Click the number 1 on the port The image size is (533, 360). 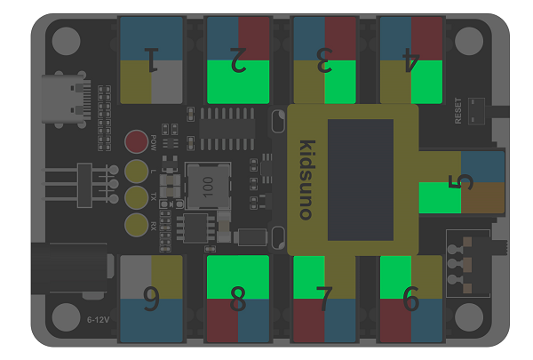click(152, 60)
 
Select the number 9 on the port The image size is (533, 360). click(151, 299)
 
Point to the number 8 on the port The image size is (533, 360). click(237, 299)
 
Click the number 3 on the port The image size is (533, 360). click(324, 60)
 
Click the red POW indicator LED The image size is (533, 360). click(136, 141)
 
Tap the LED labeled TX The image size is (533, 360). click(136, 197)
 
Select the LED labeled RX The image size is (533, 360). click(136, 225)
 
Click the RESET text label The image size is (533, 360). click(457, 111)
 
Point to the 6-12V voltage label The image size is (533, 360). click(99, 320)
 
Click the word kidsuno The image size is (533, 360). click(306, 180)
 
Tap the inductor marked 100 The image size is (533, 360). click(208, 186)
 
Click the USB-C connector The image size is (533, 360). click(66, 99)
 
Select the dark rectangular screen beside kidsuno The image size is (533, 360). click(361, 180)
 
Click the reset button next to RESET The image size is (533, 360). click(476, 111)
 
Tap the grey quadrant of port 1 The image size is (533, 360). click(167, 82)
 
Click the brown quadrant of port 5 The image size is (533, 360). click(482, 197)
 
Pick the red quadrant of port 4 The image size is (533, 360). click(426, 38)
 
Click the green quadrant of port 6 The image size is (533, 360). click(395, 277)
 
